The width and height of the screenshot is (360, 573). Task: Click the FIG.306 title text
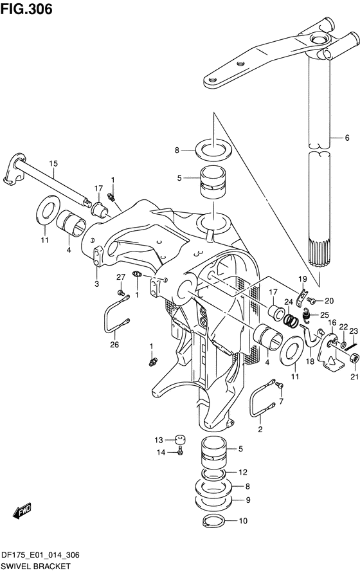[x=26, y=9]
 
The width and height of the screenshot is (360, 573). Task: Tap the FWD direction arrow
[x=22, y=511]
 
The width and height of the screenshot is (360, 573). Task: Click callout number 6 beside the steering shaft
[x=347, y=138]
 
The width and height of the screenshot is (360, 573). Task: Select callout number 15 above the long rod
[x=53, y=164]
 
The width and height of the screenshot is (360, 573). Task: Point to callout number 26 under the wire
[x=114, y=344]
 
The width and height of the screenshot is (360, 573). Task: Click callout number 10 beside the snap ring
[x=243, y=521]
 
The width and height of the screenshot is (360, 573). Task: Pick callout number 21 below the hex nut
[x=354, y=377]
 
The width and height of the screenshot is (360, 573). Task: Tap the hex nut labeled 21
[x=354, y=358]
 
